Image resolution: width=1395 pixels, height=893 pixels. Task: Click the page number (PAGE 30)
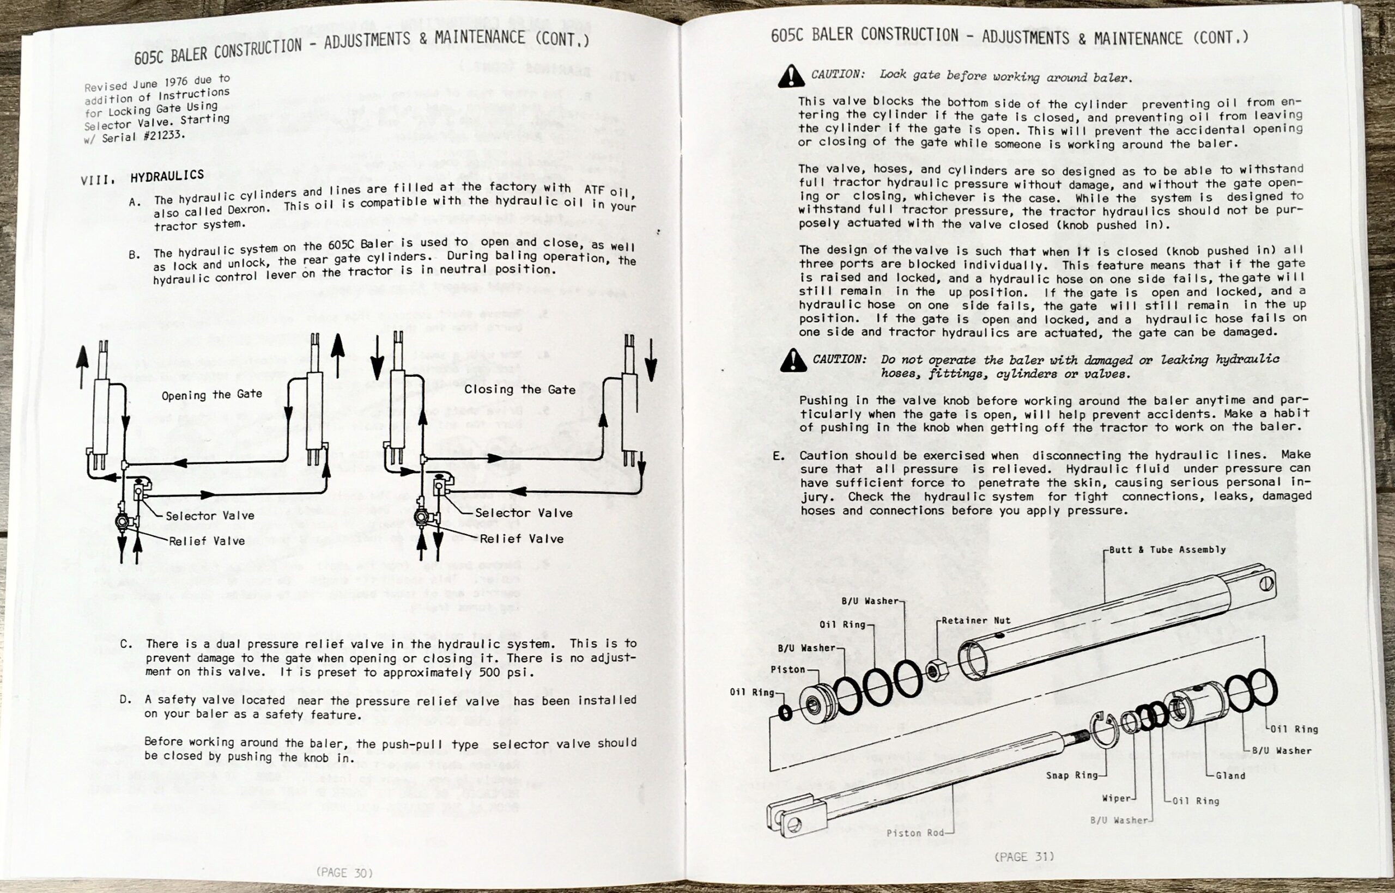(x=344, y=872)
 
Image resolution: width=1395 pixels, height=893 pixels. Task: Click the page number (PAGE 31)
(x=1024, y=857)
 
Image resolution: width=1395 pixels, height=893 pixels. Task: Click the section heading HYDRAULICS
(x=167, y=175)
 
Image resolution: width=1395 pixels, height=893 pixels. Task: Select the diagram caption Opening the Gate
(x=212, y=395)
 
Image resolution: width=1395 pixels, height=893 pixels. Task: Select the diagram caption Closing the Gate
(x=520, y=390)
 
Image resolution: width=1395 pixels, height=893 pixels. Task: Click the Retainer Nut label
(x=976, y=620)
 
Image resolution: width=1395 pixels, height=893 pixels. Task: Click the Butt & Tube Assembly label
(x=1168, y=549)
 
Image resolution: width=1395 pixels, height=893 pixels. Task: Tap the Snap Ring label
(x=1072, y=775)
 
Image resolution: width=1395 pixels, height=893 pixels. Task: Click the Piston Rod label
(x=915, y=833)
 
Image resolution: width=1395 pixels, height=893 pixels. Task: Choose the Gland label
(x=1231, y=775)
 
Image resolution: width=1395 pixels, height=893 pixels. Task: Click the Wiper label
(x=1117, y=798)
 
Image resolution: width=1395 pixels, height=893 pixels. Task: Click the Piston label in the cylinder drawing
(x=787, y=669)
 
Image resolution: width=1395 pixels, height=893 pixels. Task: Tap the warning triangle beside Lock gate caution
(x=791, y=76)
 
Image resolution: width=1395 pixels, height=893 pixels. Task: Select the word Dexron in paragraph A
(x=247, y=209)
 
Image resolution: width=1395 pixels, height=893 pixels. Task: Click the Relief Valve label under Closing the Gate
(x=521, y=539)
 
